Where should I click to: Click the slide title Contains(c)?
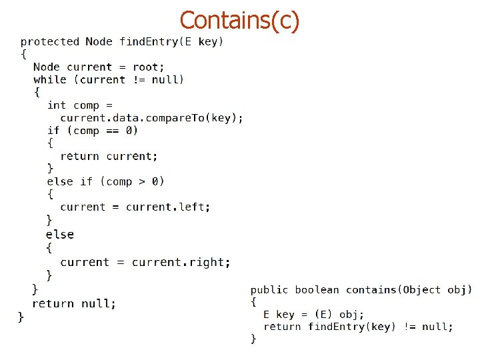coord(239,20)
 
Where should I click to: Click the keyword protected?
coord(49,41)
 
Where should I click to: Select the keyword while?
coord(50,79)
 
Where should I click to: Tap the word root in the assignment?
coord(147,67)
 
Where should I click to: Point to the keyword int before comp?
coord(57,105)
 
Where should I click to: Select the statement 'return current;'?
coord(109,156)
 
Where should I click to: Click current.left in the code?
coord(168,207)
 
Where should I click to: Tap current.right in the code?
coord(181,262)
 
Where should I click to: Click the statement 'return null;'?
coord(74,303)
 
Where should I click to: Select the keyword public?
coord(269,289)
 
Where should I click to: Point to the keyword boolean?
coord(317,289)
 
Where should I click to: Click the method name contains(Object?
coord(393,289)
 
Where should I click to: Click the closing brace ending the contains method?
coord(253,339)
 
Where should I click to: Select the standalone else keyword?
coord(60,234)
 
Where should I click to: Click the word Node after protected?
coord(99,41)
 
